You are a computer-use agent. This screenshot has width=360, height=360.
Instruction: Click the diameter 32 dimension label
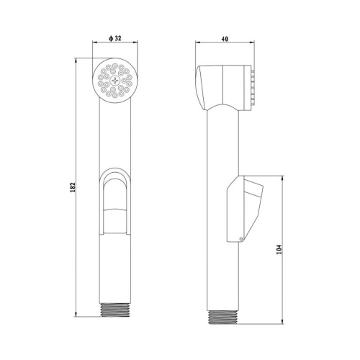click(x=115, y=38)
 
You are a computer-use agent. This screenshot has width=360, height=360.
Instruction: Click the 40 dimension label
click(x=225, y=39)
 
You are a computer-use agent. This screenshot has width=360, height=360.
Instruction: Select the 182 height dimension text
click(x=73, y=187)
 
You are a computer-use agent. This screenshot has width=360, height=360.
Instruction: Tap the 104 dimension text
click(x=279, y=250)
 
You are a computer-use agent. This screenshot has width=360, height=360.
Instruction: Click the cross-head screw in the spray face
click(x=115, y=81)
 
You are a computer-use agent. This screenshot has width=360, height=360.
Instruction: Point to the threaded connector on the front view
click(x=115, y=310)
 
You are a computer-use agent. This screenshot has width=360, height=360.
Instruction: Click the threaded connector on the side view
click(x=223, y=318)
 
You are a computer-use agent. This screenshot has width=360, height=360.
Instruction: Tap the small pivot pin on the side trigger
click(x=241, y=238)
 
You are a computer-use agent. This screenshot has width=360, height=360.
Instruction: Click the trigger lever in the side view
click(x=245, y=209)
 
